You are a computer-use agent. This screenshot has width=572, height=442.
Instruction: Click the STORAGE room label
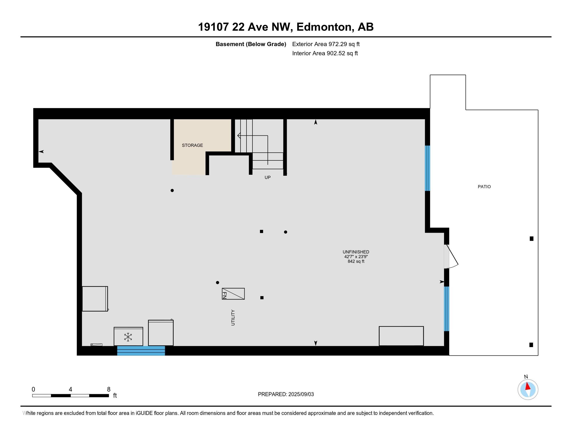[x=192, y=145]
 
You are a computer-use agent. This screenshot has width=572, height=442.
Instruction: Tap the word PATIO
[x=484, y=187]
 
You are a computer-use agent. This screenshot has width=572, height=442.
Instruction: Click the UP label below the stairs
[x=267, y=178]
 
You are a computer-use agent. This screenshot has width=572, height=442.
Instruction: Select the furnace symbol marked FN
[x=233, y=294]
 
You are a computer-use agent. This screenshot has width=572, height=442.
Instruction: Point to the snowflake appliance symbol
[x=128, y=337]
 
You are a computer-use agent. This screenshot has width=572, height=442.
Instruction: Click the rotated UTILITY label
[x=233, y=318]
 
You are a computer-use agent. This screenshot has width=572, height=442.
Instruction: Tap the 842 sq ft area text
[x=356, y=261]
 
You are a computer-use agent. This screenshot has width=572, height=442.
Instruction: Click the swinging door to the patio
[x=452, y=257]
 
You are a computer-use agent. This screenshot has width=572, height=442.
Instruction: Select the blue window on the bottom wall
[x=141, y=351]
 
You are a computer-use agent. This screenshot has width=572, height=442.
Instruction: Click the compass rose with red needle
[x=528, y=389]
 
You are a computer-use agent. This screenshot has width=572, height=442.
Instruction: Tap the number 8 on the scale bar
[x=109, y=389]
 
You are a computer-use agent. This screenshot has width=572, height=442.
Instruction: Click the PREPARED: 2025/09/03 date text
[x=286, y=394]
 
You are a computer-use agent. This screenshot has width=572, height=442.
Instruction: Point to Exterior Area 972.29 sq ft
[x=326, y=44]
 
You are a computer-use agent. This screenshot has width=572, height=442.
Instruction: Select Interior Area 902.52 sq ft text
[x=325, y=53]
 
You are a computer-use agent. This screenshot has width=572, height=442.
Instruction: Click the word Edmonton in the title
[x=324, y=27]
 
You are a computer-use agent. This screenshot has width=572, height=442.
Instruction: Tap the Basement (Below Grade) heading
[x=251, y=44]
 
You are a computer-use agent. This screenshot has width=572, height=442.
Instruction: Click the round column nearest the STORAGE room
[x=172, y=190]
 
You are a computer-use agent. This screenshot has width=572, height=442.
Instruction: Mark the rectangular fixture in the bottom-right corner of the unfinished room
[x=401, y=336]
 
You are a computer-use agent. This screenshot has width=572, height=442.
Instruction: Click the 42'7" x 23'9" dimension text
[x=356, y=257]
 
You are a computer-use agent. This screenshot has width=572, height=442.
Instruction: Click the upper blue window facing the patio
[x=427, y=168]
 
